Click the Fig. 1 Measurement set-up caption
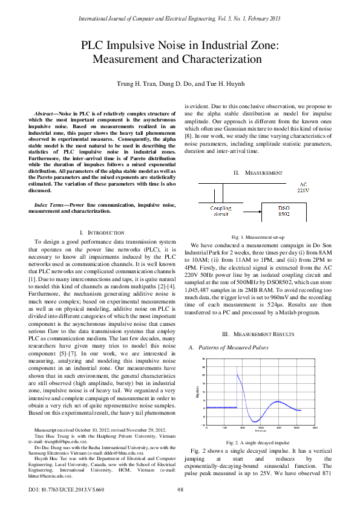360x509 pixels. pos(258,237)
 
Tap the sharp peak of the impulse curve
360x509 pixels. pos(237,374)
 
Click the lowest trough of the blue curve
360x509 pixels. pos(256,421)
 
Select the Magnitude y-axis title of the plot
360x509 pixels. pos(197,392)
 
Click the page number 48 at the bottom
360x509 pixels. pos(180,489)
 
